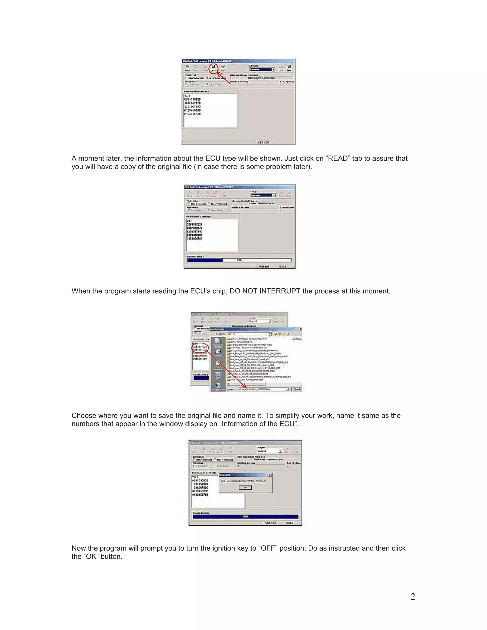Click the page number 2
click(413, 596)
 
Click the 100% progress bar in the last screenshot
click(245, 517)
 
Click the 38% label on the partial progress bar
click(239, 260)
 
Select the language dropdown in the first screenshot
click(262, 69)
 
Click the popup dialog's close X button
click(270, 475)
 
